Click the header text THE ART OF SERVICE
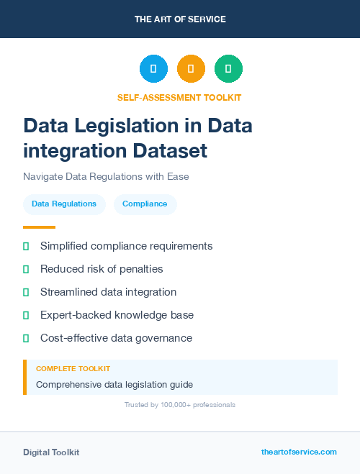pyautogui.click(x=180, y=19)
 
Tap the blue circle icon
pyautogui.click(x=153, y=69)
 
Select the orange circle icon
pyautogui.click(x=191, y=69)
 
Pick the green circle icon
pyautogui.click(x=228, y=69)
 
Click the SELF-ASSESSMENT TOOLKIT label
pyautogui.click(x=179, y=97)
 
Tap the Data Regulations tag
pyautogui.click(x=64, y=204)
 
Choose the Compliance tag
pyautogui.click(x=145, y=204)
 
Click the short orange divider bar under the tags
pyautogui.click(x=39, y=227)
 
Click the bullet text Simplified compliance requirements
pyautogui.click(x=126, y=246)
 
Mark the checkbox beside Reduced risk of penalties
pyautogui.click(x=26, y=269)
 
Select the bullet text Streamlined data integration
pyautogui.click(x=108, y=292)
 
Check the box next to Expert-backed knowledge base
pyautogui.click(x=26, y=315)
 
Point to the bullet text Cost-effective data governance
pyautogui.click(x=116, y=338)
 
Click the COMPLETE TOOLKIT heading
pyautogui.click(x=73, y=368)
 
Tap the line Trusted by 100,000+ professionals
pyautogui.click(x=180, y=405)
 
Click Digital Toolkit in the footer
pyautogui.click(x=51, y=452)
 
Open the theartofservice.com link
pyautogui.click(x=299, y=452)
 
